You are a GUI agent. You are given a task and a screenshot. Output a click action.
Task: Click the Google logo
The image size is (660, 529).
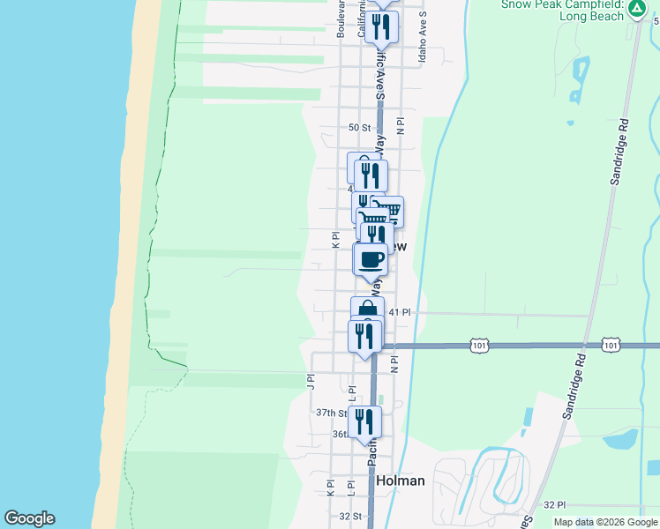click(29, 518)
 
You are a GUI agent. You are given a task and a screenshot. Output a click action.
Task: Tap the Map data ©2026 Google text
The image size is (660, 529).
click(604, 522)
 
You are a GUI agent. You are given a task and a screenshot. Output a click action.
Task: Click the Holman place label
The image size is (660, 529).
click(401, 481)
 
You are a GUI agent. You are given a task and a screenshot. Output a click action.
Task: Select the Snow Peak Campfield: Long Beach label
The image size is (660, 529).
click(562, 10)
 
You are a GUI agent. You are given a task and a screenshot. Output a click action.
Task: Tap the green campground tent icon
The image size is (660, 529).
click(635, 8)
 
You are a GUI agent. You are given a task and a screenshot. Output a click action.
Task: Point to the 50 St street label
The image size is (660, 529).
click(359, 128)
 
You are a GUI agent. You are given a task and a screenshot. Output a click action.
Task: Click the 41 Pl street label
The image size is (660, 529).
click(400, 312)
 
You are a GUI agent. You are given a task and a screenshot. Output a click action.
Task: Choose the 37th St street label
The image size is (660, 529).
click(332, 413)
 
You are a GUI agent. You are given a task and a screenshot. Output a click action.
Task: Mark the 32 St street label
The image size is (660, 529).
click(350, 516)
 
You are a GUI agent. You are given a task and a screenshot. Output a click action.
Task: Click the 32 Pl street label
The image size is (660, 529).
click(554, 504)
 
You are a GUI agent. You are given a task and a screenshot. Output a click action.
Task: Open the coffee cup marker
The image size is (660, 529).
click(371, 260)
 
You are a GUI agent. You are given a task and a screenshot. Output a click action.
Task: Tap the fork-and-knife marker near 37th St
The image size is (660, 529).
click(364, 421)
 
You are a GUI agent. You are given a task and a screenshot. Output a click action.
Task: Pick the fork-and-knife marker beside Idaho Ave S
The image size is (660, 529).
click(381, 26)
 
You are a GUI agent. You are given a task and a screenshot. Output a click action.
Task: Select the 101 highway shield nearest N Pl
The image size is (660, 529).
click(479, 345)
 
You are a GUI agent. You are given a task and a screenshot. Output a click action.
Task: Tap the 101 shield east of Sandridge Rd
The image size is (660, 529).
click(611, 345)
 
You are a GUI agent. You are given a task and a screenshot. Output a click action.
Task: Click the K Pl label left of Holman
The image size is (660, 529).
click(331, 487)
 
